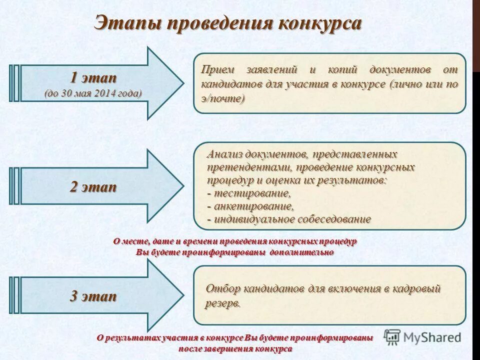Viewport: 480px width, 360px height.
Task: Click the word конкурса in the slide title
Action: click(x=319, y=23)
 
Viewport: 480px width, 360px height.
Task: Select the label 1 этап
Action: click(x=93, y=78)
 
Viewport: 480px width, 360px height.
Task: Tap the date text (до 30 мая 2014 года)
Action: click(x=93, y=93)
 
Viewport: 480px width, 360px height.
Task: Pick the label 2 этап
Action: click(x=93, y=187)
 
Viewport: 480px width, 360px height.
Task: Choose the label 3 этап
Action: click(x=93, y=296)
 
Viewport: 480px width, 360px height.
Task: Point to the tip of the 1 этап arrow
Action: click(x=182, y=83)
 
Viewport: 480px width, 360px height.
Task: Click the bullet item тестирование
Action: click(x=252, y=193)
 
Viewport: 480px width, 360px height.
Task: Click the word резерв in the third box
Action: click(x=221, y=303)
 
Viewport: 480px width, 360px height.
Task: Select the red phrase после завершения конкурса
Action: click(x=235, y=348)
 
